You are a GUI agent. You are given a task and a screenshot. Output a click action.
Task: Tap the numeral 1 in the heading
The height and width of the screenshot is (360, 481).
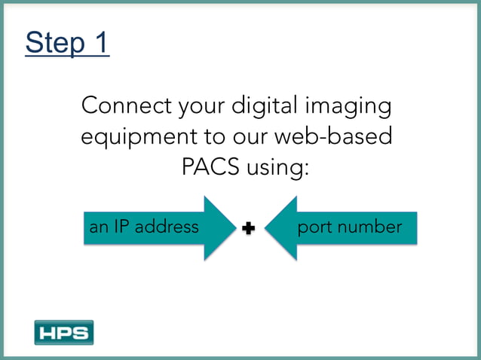pos(101,43)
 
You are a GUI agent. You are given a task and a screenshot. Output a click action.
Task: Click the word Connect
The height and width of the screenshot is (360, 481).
pos(127,105)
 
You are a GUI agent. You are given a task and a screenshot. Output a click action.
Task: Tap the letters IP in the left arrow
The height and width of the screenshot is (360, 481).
pos(124,227)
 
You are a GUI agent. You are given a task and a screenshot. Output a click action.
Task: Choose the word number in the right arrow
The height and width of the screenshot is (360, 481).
pos(370,227)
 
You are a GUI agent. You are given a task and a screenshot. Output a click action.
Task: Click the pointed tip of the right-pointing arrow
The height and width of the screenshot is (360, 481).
pos(235,228)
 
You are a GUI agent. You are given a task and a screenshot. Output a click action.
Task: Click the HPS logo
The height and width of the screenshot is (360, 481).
pos(63,332)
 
